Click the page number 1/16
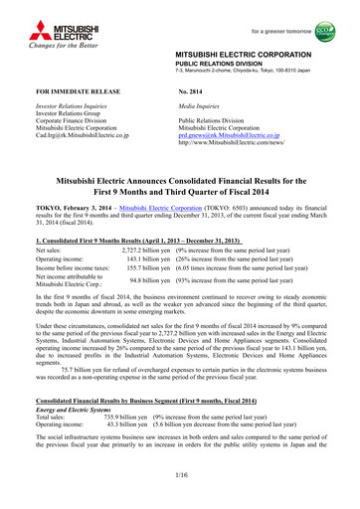(180, 479)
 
